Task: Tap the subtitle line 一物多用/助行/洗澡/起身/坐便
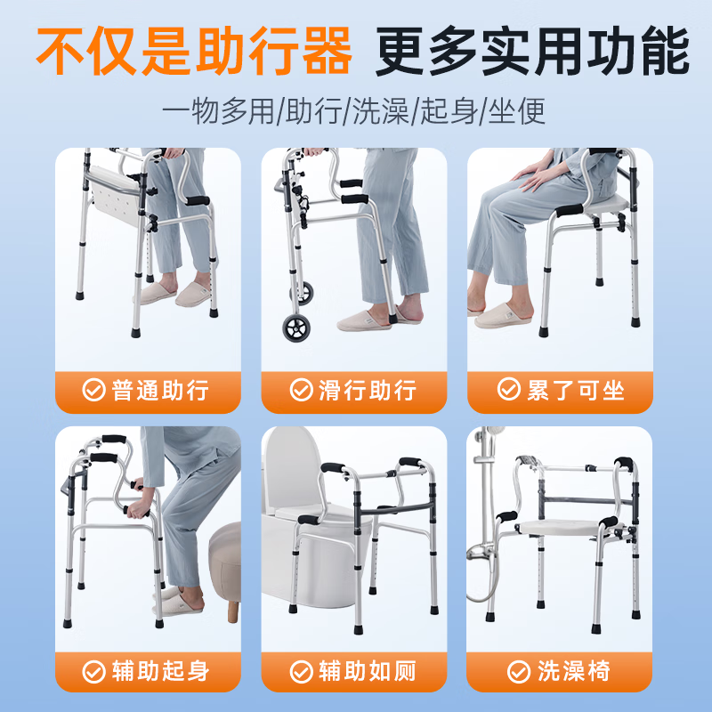pos(354,112)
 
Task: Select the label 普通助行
pos(160,391)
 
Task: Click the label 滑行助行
pos(368,391)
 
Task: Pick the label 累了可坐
pos(575,390)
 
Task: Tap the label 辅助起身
pos(161,670)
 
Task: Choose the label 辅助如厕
pos(368,670)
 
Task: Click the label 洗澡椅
pos(574,670)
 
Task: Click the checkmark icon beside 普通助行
pos(93,391)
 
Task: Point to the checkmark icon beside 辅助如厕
pos(301,670)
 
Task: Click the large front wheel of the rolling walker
pos(298,328)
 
